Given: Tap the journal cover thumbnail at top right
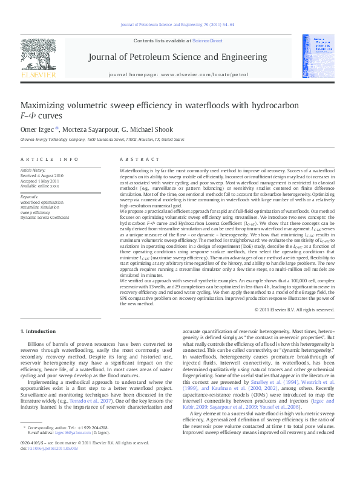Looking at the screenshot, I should coord(318,56).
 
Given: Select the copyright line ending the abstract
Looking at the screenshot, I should coord(294,310).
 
